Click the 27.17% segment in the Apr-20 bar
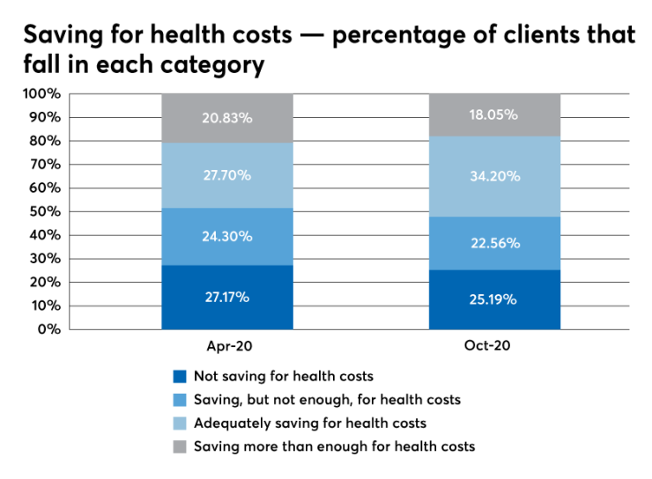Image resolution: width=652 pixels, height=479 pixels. point(227,297)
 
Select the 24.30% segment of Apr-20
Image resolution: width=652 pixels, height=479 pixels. point(227,236)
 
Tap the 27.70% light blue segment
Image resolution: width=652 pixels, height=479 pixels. point(227,175)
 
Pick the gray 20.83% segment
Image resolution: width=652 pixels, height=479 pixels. point(227,117)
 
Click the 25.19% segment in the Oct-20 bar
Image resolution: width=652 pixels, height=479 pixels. point(494,299)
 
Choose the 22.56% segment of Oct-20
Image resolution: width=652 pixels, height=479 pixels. point(494,243)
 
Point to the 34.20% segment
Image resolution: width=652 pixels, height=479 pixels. point(494,176)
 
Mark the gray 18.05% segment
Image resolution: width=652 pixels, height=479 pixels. point(494,114)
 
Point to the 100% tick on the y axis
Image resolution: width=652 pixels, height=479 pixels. point(41,93)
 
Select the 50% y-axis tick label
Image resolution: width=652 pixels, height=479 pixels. point(45,211)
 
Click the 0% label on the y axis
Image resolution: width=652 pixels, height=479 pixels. point(48,329)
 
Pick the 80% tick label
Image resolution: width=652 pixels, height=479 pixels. point(45,141)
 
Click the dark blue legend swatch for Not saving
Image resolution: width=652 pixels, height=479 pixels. point(181,376)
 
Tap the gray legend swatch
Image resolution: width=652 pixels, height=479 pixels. point(181,446)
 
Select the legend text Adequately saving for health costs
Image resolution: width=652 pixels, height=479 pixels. point(310,423)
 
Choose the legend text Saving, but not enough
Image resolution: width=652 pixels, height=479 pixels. point(327,400)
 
